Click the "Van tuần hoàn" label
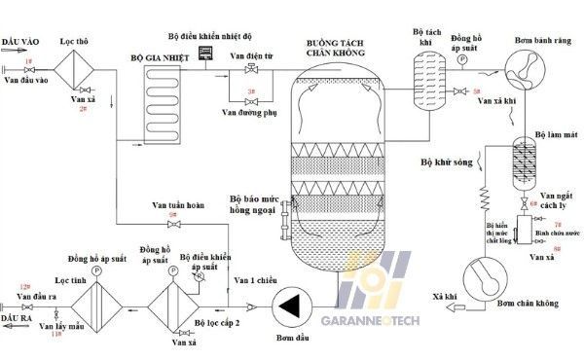pyautogui.click(x=176, y=205)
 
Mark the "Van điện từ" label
pyautogui.click(x=252, y=57)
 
